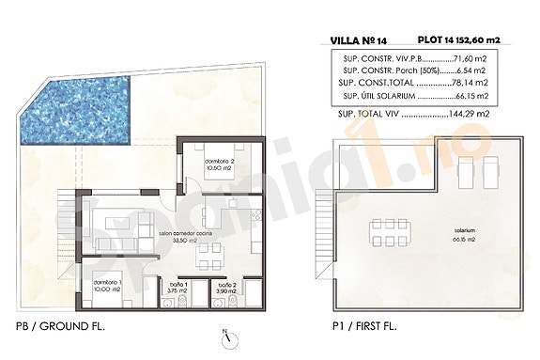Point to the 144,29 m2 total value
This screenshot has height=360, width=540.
469,113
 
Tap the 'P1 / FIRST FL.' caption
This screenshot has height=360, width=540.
362,325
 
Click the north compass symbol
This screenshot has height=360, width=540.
225,340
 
